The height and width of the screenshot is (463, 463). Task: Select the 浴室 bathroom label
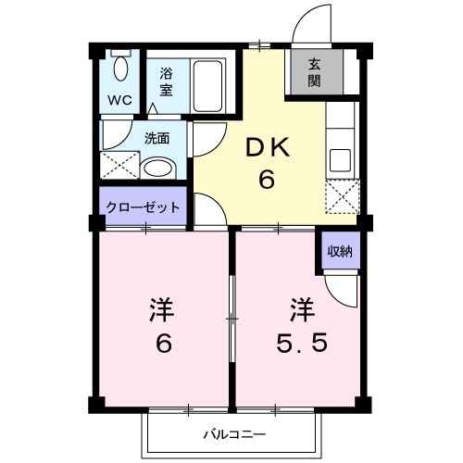coord(166,81)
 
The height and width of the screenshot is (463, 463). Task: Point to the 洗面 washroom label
coord(156,139)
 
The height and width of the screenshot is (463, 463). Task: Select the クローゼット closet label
coord(142,207)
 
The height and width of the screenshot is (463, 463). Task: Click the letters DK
coord(266,147)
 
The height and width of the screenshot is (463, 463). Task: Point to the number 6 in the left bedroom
coord(162,344)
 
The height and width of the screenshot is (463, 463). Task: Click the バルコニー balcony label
coord(234,433)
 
